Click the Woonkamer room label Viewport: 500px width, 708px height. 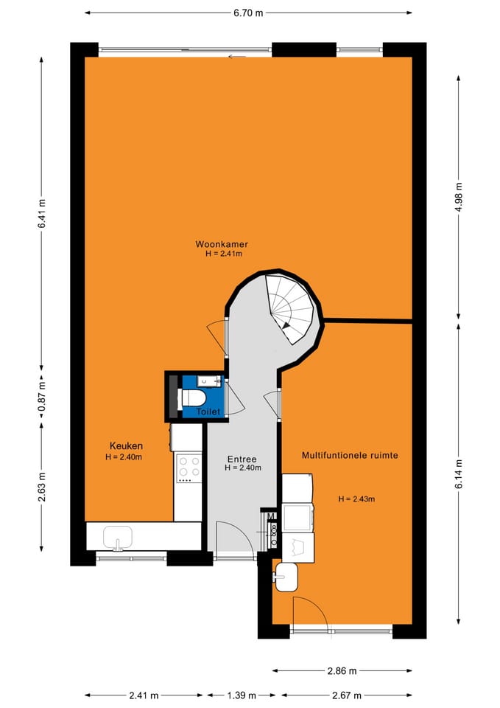click(221, 244)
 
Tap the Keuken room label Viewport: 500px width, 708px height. click(126, 445)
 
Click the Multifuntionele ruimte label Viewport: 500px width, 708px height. click(350, 456)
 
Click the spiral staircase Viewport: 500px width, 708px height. click(291, 308)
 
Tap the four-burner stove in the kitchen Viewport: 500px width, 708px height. click(189, 467)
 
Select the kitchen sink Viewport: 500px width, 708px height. click(118, 535)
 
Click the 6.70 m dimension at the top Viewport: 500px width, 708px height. click(247, 13)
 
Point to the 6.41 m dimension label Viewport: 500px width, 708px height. click(42, 214)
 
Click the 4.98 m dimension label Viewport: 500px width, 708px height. click(459, 198)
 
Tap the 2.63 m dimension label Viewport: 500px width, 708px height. click(42, 487)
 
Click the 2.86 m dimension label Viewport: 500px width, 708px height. click(342, 671)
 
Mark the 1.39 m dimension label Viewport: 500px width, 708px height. click(242, 695)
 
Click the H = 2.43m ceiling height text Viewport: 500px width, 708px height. click(356, 499)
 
